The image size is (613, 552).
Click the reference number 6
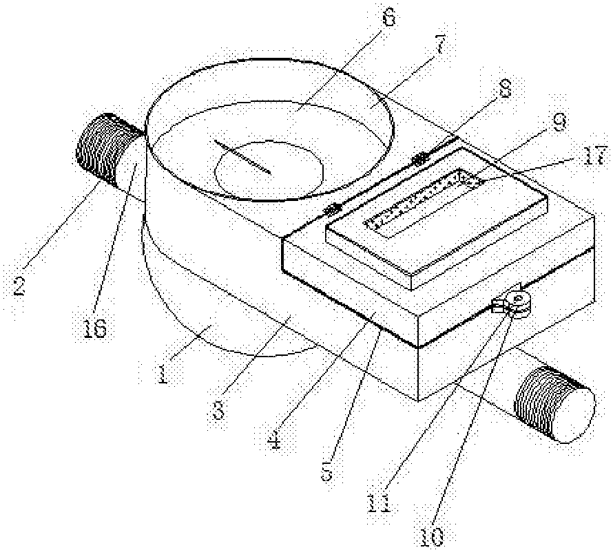[x=388, y=19]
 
